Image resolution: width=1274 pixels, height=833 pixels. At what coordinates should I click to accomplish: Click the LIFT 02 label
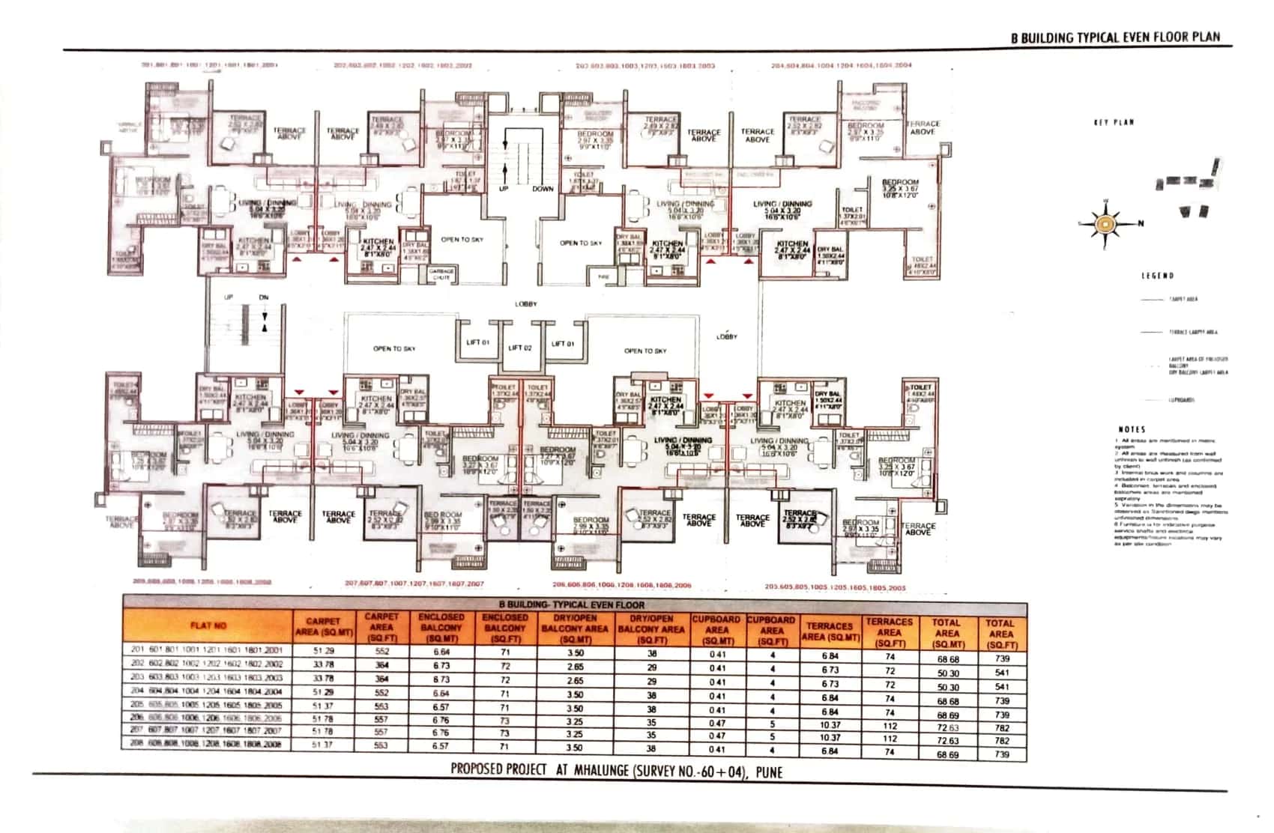pos(520,348)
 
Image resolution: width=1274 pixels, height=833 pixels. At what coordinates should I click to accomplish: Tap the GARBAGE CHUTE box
pos(442,274)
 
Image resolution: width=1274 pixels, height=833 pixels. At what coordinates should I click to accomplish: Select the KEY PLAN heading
pos(1114,122)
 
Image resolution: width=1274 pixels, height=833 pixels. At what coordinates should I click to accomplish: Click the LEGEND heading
pos(1157,276)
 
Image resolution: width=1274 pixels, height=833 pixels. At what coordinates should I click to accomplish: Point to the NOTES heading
pos(1132,429)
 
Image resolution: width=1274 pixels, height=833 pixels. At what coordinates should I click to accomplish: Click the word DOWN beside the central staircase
pos(543,189)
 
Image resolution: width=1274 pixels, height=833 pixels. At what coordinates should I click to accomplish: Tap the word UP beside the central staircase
pos(504,189)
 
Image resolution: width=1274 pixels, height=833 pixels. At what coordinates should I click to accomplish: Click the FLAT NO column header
pos(208,625)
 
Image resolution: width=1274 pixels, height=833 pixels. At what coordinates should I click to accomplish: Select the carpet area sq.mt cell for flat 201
pos(324,651)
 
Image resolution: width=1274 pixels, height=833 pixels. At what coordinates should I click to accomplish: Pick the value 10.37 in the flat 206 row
pos(830,725)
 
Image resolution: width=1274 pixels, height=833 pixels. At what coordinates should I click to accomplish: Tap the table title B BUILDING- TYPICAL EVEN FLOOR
pos(571,604)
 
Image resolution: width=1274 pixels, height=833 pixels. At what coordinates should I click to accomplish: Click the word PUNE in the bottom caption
pos(769,772)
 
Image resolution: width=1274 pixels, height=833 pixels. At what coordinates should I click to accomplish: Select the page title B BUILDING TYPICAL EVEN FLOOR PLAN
pos(1115,37)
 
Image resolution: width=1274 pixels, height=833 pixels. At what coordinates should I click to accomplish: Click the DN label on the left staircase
pos(264,297)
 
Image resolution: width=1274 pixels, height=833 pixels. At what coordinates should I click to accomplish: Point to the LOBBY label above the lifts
pos(525,304)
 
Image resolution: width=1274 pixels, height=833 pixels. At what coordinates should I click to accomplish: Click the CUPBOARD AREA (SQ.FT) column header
pos(772,631)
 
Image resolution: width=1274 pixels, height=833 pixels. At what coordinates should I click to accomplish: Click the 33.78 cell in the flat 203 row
pos(324,678)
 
